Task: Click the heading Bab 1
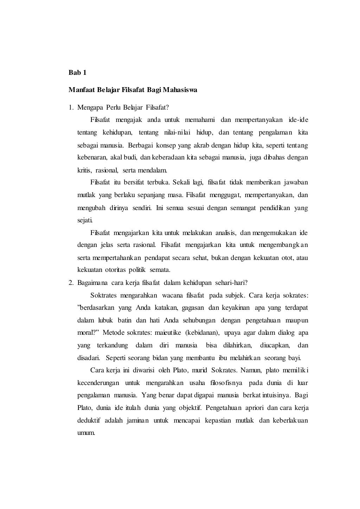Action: click(x=77, y=73)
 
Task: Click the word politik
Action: click(x=137, y=270)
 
